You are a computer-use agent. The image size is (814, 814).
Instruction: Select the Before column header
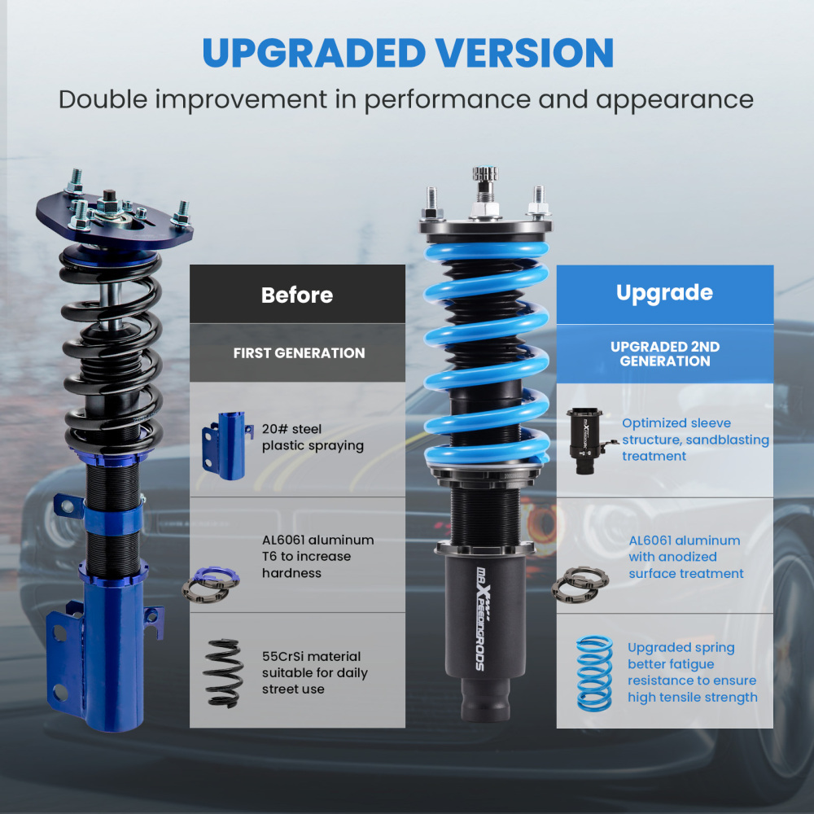[x=297, y=295]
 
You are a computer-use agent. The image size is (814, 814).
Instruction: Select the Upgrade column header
[x=664, y=293]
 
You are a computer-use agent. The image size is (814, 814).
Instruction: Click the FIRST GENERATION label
[x=299, y=353]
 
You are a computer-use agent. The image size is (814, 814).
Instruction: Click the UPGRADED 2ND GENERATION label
[x=665, y=354]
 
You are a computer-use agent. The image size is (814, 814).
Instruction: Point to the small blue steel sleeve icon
[x=223, y=444]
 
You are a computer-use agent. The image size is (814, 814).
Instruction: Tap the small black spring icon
[x=221, y=672]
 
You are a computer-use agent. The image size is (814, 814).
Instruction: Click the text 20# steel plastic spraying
[x=313, y=437]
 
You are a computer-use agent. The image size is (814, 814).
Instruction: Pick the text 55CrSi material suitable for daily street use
[x=314, y=672]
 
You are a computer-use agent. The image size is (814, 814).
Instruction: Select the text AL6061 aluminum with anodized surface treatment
[x=685, y=557]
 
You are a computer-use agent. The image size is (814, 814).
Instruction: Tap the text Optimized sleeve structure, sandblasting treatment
[x=694, y=440]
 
